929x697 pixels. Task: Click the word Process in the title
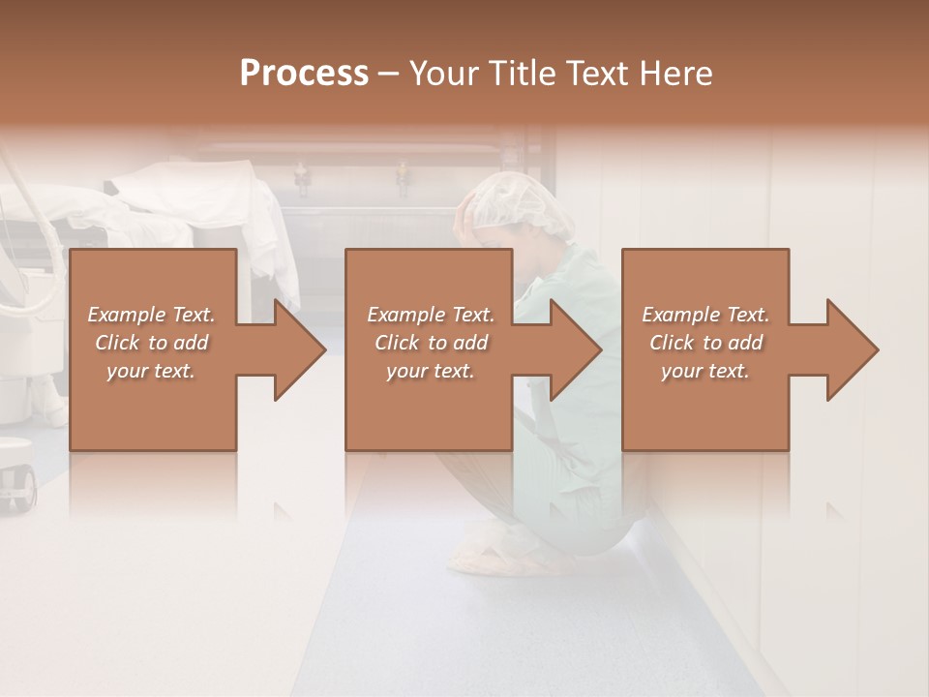(304, 74)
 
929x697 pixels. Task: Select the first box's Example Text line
(151, 315)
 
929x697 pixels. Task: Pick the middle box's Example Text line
(431, 315)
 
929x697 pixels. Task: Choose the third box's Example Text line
(705, 315)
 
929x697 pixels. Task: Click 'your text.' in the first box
(151, 371)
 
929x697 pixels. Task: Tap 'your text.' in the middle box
(431, 371)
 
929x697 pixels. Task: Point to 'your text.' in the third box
(705, 371)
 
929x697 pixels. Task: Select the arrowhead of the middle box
(575, 349)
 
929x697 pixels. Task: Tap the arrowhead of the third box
(852, 349)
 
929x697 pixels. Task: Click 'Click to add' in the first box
(151, 343)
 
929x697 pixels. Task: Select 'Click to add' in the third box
(705, 343)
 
